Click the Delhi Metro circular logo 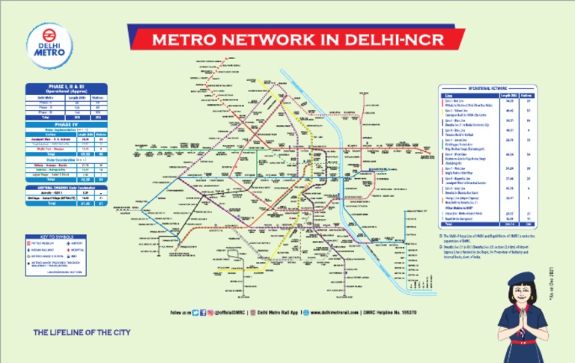tap(49, 42)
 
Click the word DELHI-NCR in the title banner tap(391, 40)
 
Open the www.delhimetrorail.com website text tap(329, 311)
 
